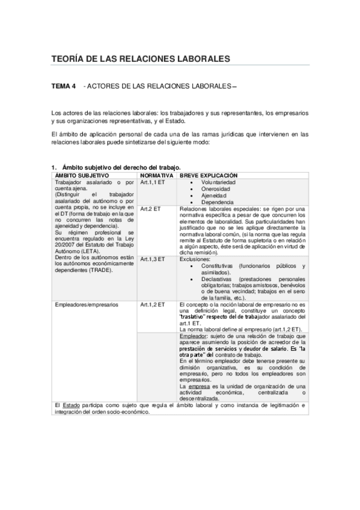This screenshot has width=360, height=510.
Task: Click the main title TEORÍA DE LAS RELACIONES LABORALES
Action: tap(141, 59)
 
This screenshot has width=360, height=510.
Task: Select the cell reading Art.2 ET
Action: tap(150, 209)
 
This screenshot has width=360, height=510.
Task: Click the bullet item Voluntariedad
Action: tap(218, 182)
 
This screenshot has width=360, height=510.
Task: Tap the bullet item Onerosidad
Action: tap(215, 188)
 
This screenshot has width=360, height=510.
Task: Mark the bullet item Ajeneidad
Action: tap(214, 195)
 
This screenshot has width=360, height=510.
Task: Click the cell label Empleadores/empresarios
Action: tap(87, 305)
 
